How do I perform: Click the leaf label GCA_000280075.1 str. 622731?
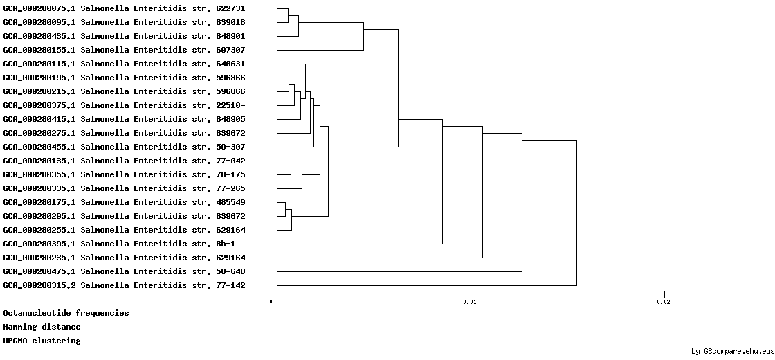(124, 9)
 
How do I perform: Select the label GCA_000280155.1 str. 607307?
(124, 51)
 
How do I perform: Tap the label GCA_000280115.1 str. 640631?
(124, 64)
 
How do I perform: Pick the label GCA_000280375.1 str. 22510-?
(124, 106)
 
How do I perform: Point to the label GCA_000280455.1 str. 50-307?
(124, 147)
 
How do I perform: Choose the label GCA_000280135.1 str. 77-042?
(124, 161)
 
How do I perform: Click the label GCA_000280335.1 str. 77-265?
(124, 189)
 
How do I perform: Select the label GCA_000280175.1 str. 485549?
(124, 203)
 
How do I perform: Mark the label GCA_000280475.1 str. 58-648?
(124, 272)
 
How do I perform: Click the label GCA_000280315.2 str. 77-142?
(124, 286)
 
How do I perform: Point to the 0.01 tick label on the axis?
(470, 302)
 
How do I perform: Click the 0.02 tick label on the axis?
(664, 302)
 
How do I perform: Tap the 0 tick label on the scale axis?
(271, 302)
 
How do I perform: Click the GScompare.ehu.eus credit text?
(733, 352)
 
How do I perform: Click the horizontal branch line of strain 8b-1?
(359, 244)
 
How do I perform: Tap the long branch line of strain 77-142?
(426, 285)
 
